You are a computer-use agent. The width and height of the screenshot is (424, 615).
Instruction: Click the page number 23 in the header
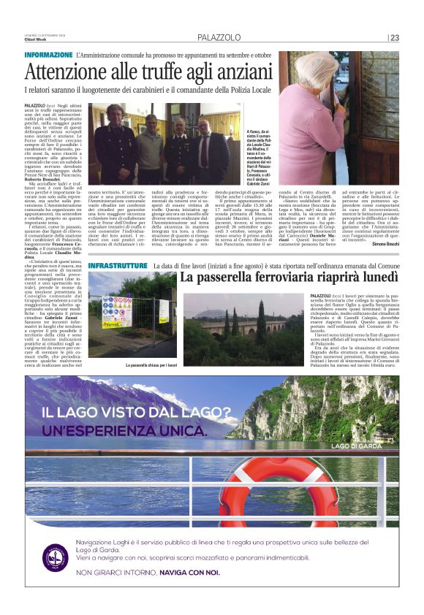point(395,38)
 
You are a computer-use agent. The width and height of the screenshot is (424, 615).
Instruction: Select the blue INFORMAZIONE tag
point(48,56)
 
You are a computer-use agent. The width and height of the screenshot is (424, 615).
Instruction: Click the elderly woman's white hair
point(317,69)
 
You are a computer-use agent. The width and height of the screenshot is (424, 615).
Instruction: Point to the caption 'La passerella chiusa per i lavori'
point(152,364)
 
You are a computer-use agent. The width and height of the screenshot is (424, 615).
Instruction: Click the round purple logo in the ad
point(55,557)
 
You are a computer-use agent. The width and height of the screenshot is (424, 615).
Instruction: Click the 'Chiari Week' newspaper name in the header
point(36,39)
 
